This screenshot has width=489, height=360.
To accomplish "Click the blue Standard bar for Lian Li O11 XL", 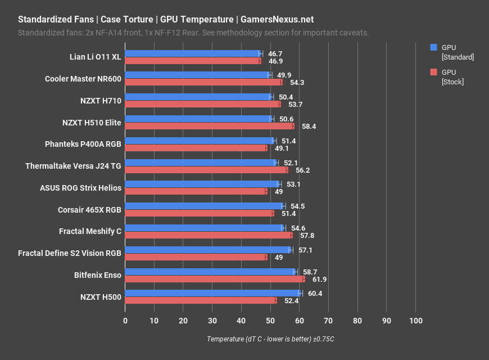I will coord(192,53).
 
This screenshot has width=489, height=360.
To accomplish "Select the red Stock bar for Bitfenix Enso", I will coord(215,279).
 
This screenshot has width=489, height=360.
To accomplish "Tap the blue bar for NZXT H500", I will coord(212,293).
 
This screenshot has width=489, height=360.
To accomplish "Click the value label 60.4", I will coord(315,294).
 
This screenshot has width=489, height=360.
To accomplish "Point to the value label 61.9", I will coord(319,279).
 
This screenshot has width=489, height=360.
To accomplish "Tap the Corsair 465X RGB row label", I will coord(89,210).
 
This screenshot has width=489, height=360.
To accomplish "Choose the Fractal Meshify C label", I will coord(90,231).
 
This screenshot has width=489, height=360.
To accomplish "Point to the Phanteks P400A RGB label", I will coord(83,144).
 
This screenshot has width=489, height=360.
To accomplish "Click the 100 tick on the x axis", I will coord(416,321).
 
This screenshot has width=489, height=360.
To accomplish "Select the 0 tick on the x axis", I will coord(125,321).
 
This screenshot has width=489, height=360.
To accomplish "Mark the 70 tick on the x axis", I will coord(329,321).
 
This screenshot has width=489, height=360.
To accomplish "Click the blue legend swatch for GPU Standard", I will coord(433,47).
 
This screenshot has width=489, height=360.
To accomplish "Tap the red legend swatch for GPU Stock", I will coord(433,72).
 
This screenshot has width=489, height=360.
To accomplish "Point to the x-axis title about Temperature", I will coord(270,339).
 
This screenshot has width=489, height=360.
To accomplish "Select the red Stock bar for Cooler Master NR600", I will coord(203,82).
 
